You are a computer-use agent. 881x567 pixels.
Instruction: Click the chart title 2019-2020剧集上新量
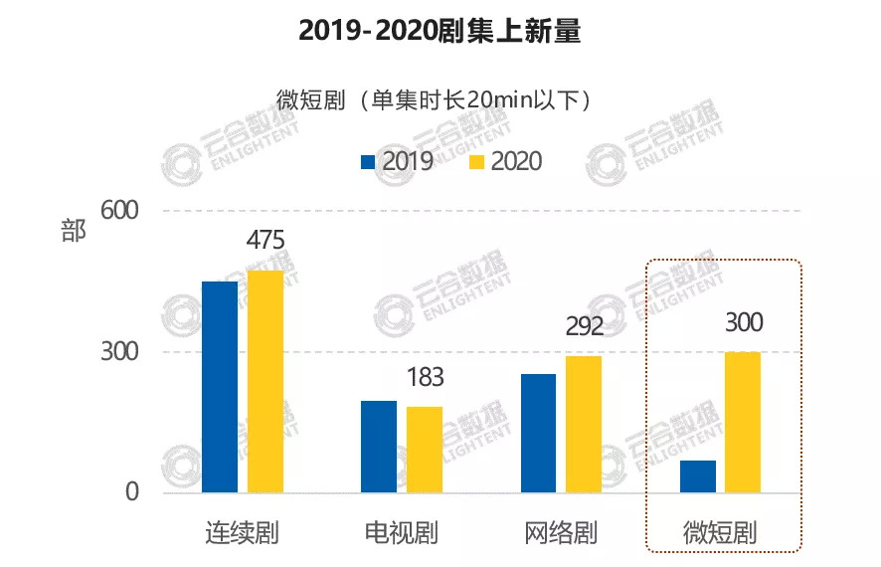440,33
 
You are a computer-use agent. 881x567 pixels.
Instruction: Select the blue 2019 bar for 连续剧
220,387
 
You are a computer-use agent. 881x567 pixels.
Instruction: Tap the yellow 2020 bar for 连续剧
265,381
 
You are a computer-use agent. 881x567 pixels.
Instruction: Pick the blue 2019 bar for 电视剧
379,447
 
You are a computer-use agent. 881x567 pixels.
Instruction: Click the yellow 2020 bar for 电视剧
425,450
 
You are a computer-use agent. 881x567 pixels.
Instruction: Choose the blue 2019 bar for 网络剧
538,433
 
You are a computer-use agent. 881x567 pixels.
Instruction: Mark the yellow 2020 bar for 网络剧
584,424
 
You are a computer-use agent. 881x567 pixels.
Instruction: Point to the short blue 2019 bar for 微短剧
698,476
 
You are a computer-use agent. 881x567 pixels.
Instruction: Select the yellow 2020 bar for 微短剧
743,422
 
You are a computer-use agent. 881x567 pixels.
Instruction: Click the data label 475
265,241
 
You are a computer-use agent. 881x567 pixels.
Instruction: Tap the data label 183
425,378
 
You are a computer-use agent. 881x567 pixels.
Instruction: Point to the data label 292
584,326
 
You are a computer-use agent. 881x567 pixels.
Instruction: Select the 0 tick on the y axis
130,493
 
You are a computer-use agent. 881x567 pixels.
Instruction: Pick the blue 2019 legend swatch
367,160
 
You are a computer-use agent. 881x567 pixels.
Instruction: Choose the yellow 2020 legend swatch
476,160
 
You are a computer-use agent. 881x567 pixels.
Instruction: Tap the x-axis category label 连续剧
242,532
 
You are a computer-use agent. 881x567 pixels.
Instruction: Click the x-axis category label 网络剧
560,532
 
